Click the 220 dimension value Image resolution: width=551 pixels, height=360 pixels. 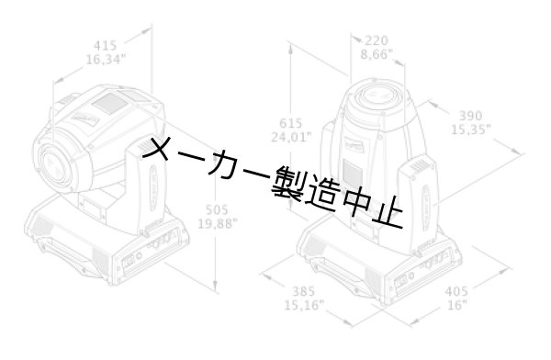(377, 40)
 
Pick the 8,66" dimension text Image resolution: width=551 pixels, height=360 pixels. (377, 55)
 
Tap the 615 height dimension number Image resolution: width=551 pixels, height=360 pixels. (291, 123)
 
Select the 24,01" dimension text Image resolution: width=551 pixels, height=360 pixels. (291, 138)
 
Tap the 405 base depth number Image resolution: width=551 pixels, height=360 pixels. (456, 291)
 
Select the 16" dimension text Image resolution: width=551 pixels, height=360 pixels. (456, 305)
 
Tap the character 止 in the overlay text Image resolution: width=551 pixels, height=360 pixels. (388, 209)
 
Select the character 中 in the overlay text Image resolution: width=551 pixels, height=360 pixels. (354, 201)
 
